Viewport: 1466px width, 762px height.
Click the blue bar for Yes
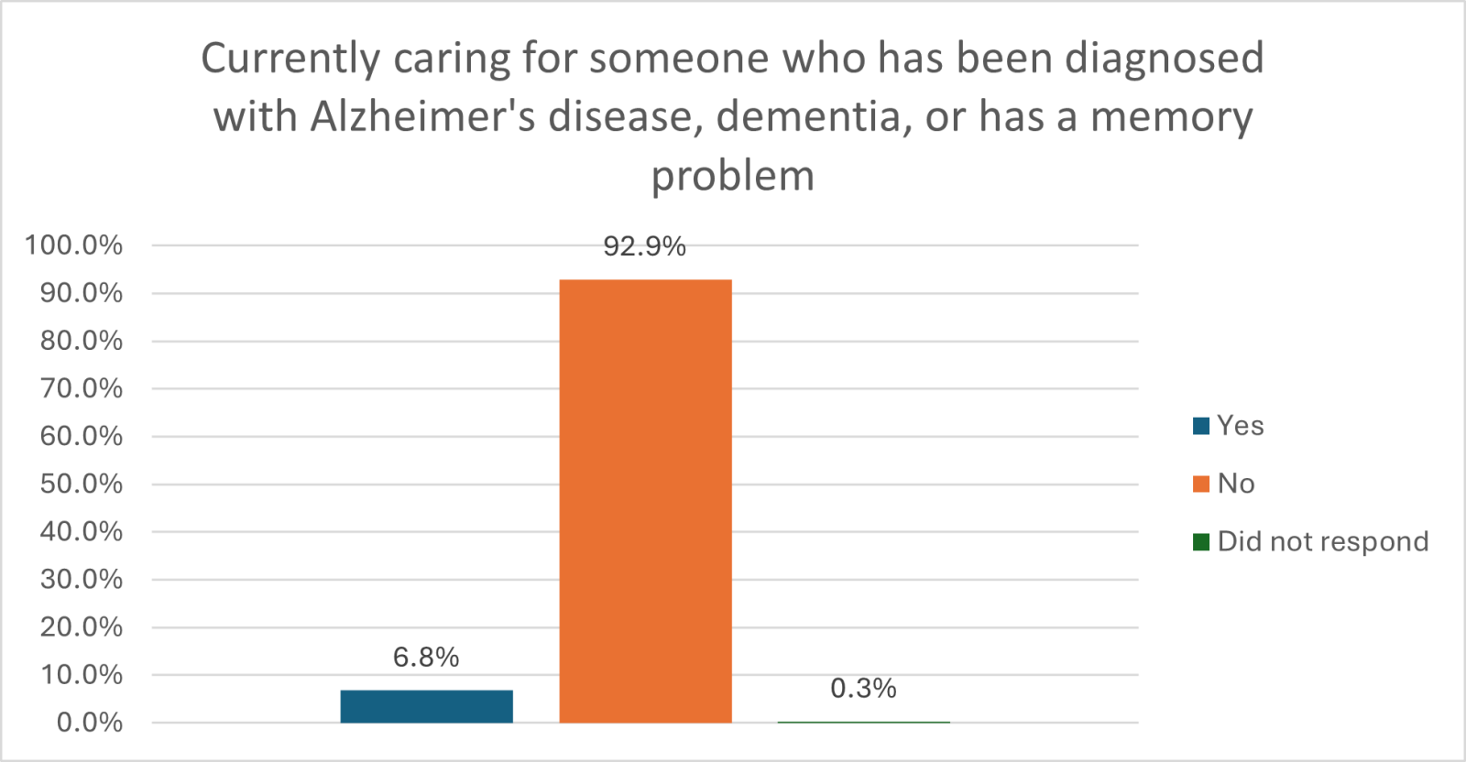(x=426, y=706)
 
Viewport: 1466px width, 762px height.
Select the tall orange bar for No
(x=645, y=501)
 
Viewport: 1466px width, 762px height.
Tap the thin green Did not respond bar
(x=863, y=722)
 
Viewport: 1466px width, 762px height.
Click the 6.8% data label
(x=426, y=657)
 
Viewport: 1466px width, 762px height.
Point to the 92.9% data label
(x=644, y=246)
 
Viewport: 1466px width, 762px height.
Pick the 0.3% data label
(x=863, y=688)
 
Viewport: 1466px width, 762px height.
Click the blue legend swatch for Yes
(x=1201, y=426)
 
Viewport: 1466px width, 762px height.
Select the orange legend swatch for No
(x=1201, y=484)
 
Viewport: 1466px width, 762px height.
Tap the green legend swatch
(x=1201, y=542)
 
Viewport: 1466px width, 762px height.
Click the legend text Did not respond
(x=1322, y=542)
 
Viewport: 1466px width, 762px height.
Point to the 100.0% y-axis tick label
(x=73, y=245)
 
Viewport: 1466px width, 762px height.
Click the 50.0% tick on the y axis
(x=81, y=484)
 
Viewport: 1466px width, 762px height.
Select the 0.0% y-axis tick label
(x=89, y=723)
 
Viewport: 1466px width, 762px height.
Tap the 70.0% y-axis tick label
(x=81, y=388)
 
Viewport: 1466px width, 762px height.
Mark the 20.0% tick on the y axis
(x=81, y=627)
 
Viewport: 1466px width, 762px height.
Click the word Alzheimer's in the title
(x=422, y=117)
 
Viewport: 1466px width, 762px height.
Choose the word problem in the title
(x=732, y=177)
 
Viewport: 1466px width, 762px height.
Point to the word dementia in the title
(x=814, y=117)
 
